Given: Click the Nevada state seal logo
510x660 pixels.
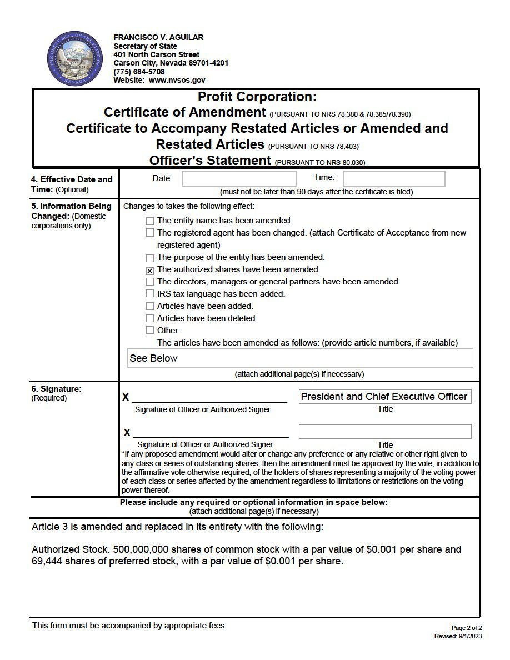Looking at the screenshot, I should [x=75, y=58].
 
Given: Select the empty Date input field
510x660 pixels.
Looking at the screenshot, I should [x=239, y=178].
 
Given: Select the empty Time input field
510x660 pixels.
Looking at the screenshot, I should [x=394, y=178].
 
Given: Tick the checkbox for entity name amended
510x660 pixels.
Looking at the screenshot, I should [x=149, y=221].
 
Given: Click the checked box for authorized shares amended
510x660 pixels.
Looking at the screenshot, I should [x=149, y=270].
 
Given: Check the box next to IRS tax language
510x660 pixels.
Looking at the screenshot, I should [x=149, y=294].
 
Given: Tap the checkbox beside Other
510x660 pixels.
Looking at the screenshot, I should [x=149, y=331].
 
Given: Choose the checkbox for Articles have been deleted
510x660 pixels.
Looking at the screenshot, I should [x=149, y=318].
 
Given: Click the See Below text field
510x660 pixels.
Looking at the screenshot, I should [x=300, y=358].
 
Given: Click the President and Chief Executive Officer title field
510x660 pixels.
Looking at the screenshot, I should [x=384, y=397].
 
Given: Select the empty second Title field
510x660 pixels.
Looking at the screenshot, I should [x=384, y=431].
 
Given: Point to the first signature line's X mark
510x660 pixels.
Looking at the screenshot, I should [x=126, y=397].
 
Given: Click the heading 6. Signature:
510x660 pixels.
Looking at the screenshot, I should [x=56, y=389].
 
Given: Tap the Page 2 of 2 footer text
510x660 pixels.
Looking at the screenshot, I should [x=467, y=628].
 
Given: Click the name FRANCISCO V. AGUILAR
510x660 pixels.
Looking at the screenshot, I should [x=158, y=37].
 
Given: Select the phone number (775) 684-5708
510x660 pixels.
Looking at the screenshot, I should [x=139, y=72].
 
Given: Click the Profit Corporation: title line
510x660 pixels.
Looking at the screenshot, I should [x=257, y=97].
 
